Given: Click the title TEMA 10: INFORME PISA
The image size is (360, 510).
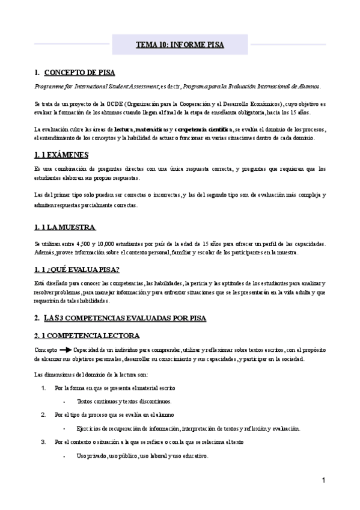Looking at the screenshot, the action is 180,45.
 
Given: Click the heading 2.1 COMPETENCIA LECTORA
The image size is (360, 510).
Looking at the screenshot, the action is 87,335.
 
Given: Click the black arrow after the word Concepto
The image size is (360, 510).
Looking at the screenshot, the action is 65,349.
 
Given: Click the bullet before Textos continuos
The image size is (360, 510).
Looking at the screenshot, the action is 64,401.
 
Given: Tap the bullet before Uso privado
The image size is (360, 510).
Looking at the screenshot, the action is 64,456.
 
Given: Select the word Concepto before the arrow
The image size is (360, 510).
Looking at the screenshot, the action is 45,349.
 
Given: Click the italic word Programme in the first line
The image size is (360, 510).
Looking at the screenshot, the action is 47,86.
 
